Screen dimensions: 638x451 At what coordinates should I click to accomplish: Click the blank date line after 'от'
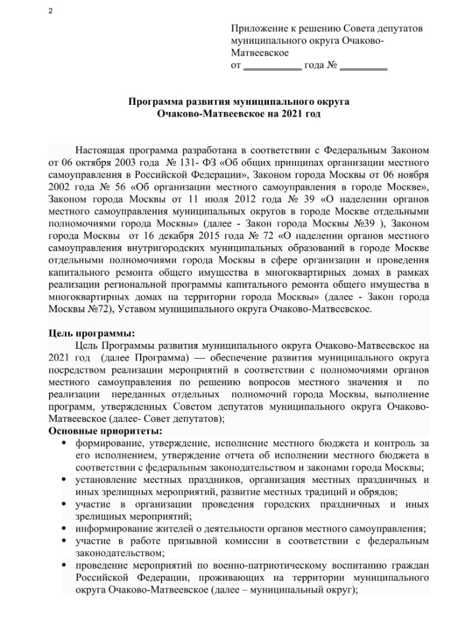pyautogui.click(x=273, y=66)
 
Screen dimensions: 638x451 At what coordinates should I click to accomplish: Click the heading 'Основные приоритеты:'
pyautogui.click(x=96, y=430)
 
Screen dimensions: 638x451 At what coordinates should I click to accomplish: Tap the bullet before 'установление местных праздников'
pyautogui.click(x=64, y=480)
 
